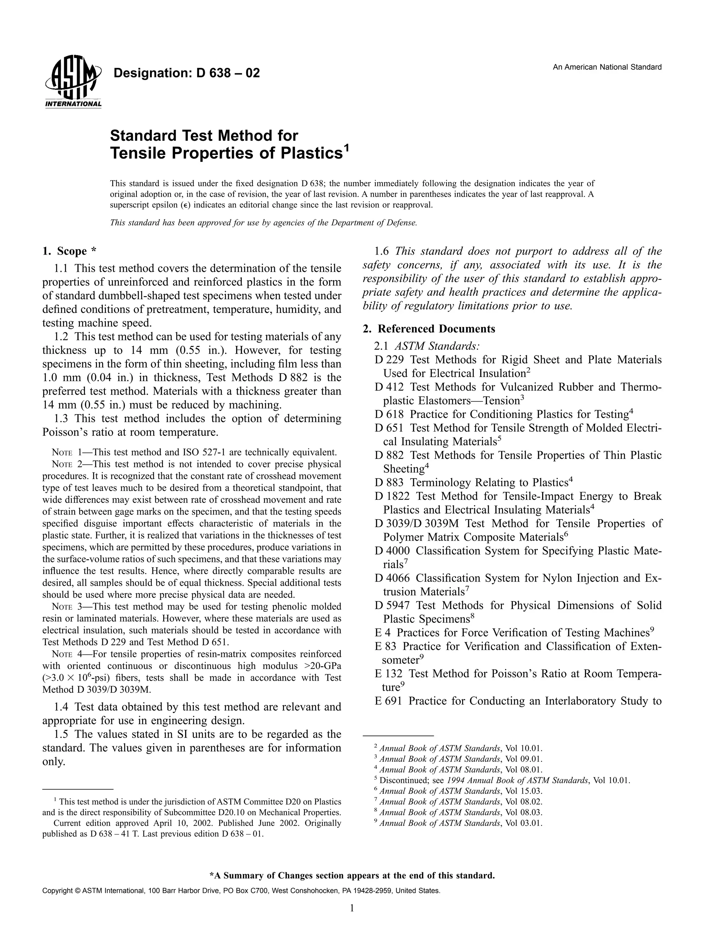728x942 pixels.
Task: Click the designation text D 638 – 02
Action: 186,73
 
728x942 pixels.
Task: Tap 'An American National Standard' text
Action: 607,67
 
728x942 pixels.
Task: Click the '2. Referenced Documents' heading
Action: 429,329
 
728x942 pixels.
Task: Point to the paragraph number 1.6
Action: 382,251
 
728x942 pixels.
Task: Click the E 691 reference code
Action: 388,701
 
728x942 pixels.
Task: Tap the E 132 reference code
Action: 388,674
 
